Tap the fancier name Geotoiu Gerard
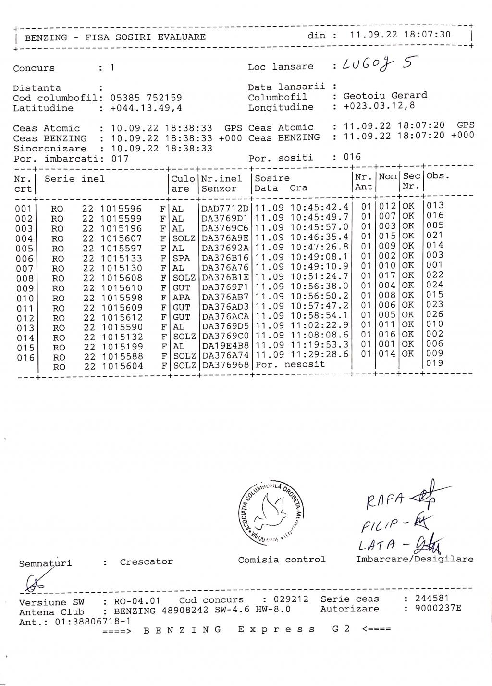385,96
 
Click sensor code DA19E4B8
225,345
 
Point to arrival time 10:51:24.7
320,276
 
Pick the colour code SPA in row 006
181,258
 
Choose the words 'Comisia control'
282,560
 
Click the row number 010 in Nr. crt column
25,299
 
